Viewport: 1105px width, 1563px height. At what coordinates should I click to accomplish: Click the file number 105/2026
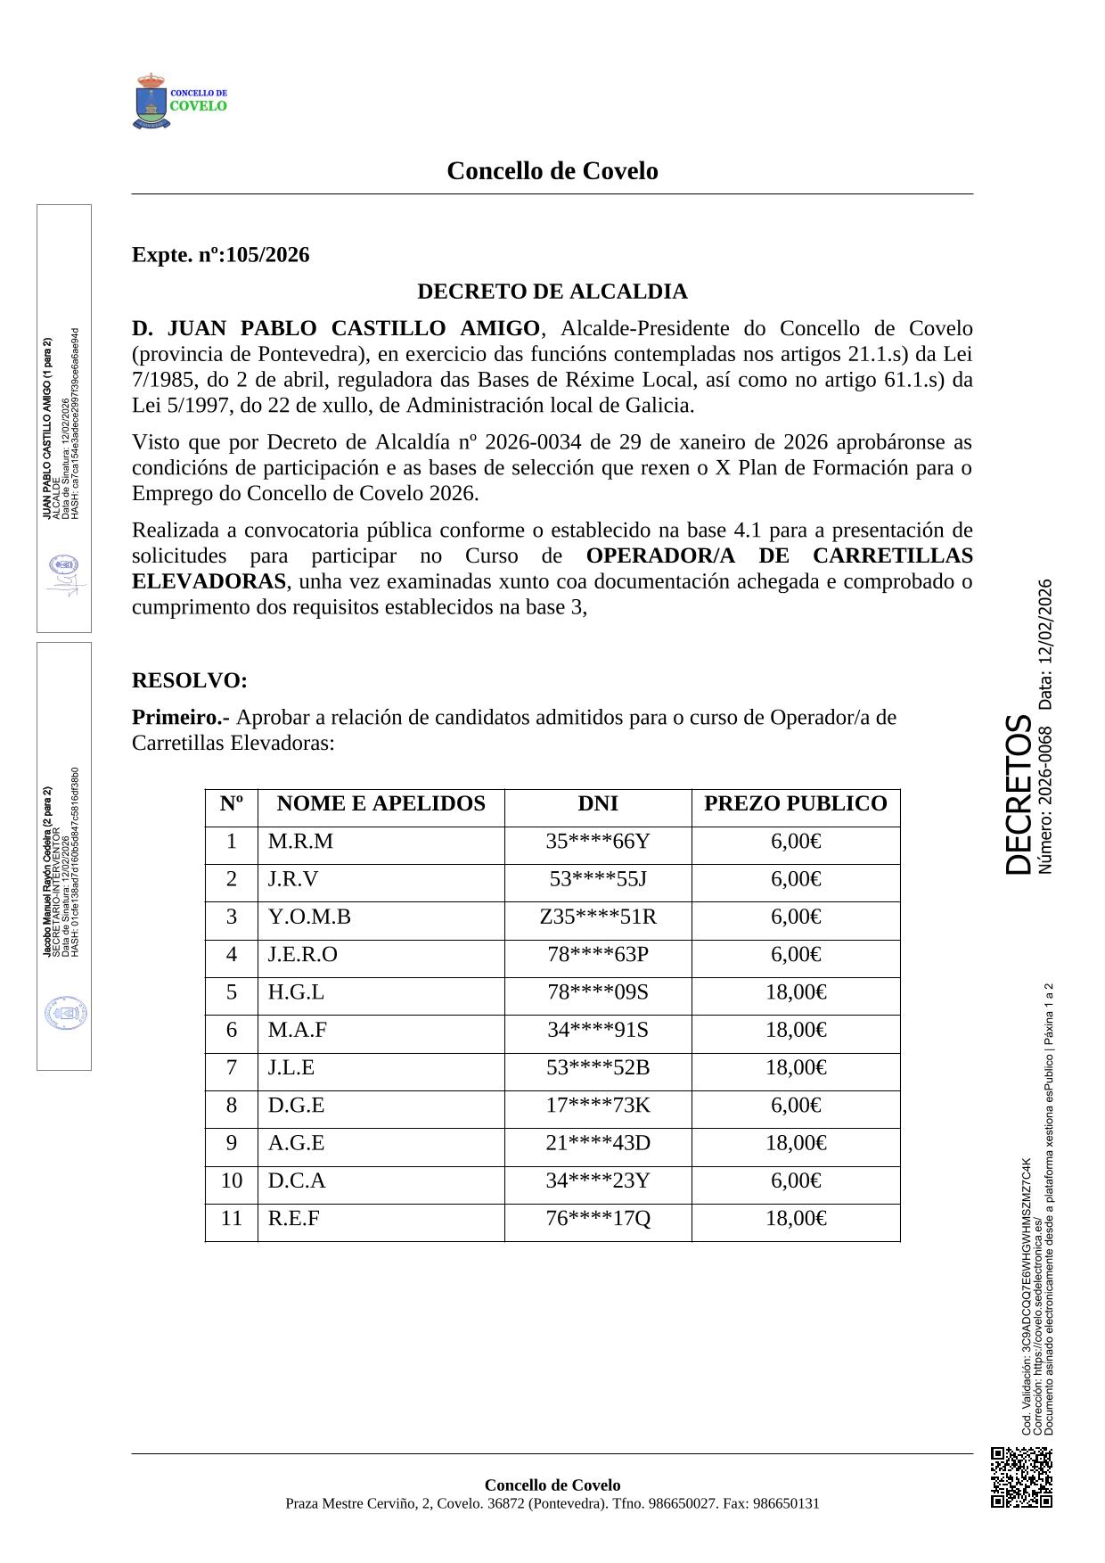[267, 255]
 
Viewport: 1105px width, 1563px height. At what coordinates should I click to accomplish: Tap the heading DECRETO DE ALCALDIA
[552, 292]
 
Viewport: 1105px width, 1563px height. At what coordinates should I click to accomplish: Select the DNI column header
[597, 803]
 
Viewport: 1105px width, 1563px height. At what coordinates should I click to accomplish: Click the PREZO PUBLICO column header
[795, 803]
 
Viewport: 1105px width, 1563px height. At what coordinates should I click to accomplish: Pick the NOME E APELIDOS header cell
[381, 803]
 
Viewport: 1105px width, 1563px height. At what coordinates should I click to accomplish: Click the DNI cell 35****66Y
[597, 842]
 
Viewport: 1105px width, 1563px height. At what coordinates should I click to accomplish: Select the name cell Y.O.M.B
[309, 917]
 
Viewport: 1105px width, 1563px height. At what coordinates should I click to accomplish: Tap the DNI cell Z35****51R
[597, 917]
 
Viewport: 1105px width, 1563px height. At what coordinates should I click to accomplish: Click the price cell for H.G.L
[795, 992]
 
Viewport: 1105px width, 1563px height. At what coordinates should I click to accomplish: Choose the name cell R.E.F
[293, 1218]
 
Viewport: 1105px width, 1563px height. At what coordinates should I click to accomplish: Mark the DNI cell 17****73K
[597, 1106]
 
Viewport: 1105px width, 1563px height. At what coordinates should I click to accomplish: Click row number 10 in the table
[232, 1180]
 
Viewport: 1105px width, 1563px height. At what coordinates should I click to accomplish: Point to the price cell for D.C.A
[795, 1180]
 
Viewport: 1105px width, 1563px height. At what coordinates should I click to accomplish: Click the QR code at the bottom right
[1021, 1477]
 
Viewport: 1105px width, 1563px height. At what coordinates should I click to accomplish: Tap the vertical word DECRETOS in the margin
[1019, 794]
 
